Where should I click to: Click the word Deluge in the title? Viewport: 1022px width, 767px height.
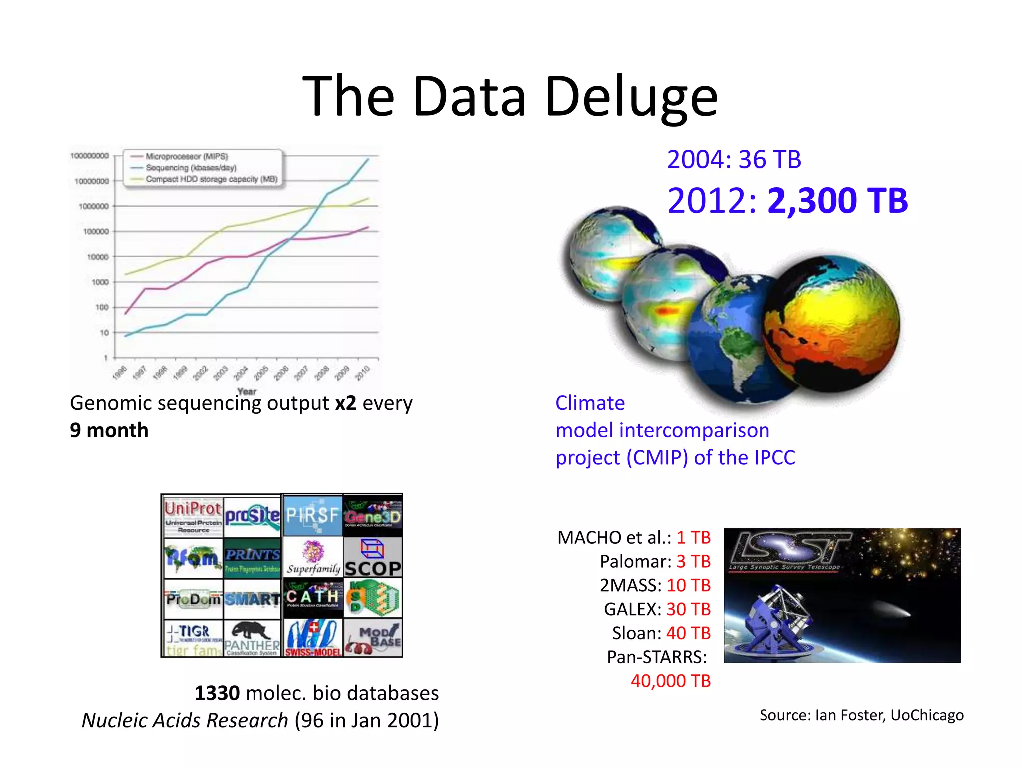click(631, 97)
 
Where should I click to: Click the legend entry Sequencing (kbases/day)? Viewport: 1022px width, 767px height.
click(191, 168)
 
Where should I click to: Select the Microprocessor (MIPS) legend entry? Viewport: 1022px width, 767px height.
click(186, 156)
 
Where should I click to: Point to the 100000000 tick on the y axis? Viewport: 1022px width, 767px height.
click(89, 156)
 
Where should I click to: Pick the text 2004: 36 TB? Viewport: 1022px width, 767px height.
click(734, 160)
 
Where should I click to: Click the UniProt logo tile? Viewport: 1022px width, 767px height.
click(193, 516)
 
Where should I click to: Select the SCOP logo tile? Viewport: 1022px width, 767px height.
click(373, 557)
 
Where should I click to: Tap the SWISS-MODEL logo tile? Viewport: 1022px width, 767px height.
click(313, 638)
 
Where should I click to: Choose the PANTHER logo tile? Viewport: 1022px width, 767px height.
click(252, 638)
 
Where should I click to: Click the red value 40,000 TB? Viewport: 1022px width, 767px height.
click(670, 681)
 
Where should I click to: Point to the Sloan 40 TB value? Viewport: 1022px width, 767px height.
click(688, 633)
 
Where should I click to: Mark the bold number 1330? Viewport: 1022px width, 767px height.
click(217, 693)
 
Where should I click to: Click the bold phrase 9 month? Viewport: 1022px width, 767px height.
click(109, 430)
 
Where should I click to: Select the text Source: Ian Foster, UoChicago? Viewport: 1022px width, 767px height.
click(861, 715)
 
